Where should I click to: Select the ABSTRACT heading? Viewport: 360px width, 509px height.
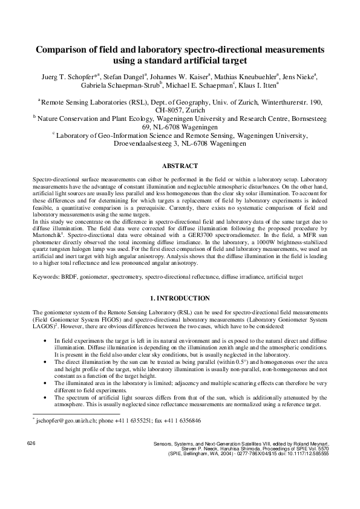180,165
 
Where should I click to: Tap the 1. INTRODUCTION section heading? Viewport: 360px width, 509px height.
180,298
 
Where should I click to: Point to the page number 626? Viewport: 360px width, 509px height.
33,444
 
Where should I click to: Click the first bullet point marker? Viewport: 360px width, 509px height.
48,341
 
